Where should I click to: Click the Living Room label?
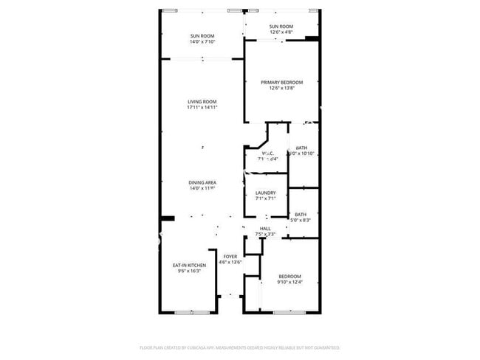(x=202, y=102)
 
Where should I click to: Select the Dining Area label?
(x=202, y=182)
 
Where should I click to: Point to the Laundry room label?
(x=265, y=193)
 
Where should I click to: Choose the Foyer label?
(x=230, y=256)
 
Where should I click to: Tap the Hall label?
(x=265, y=229)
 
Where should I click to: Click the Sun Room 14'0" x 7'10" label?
(x=202, y=35)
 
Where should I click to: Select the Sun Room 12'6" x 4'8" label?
(x=281, y=27)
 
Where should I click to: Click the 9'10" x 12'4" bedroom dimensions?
(x=289, y=282)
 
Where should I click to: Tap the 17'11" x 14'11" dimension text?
(x=202, y=108)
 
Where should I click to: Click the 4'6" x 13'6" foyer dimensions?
(x=230, y=262)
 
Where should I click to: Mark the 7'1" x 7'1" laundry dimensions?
(x=265, y=198)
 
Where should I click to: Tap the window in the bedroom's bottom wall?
(x=289, y=313)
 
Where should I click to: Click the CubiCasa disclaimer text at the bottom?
(x=240, y=347)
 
